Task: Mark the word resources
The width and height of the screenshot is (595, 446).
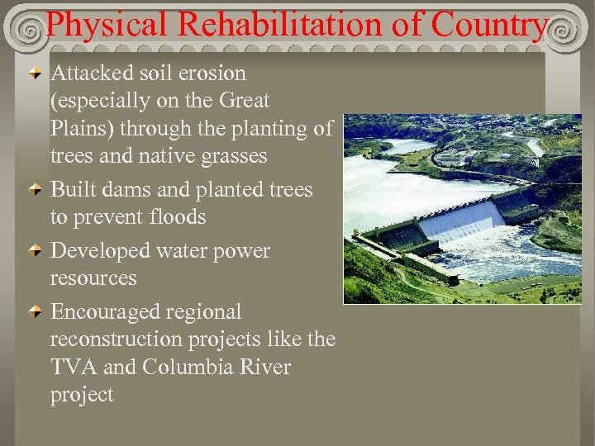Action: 93,278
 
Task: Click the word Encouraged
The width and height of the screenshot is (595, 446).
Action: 106,312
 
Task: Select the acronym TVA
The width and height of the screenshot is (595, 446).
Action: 73,367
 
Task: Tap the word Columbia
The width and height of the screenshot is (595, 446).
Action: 183,367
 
